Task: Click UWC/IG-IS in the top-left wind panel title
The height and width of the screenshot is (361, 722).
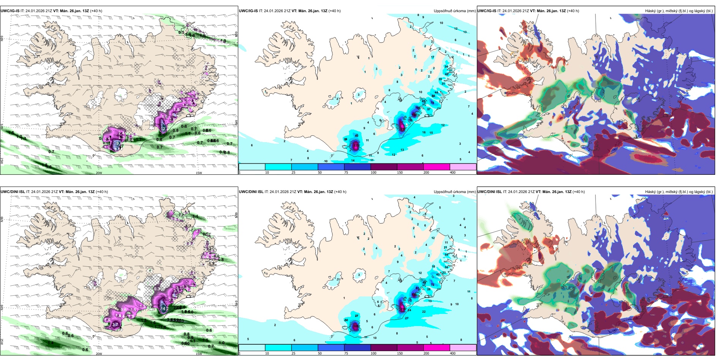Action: (10, 11)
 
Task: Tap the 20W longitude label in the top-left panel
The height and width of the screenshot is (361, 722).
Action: (99, 173)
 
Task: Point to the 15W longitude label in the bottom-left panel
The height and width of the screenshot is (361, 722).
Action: (199, 354)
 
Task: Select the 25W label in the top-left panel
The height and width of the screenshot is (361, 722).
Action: (2, 161)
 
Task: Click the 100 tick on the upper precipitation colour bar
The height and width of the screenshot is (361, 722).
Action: (374, 173)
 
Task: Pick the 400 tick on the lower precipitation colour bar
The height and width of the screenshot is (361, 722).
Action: (453, 353)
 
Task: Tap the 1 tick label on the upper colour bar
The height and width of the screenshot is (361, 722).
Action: (240, 173)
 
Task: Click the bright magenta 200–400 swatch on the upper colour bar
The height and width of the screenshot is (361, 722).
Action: (437, 167)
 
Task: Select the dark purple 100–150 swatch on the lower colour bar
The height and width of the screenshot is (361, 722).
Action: (384, 348)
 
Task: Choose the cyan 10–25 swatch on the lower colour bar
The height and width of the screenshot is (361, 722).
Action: (278, 348)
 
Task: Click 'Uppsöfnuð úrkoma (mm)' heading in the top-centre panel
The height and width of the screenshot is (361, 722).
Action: (454, 11)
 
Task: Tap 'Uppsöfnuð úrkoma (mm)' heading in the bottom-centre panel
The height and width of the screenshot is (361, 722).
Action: (454, 192)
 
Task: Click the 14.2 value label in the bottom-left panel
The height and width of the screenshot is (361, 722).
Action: (165, 309)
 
